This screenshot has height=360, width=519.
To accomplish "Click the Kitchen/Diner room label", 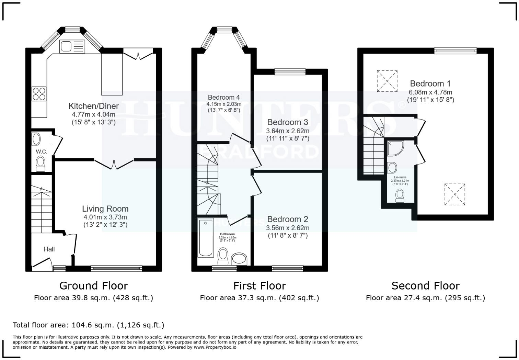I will [x=93, y=106].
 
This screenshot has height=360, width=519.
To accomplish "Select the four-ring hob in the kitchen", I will [x=39, y=94].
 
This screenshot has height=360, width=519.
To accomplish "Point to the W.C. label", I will [x=41, y=151].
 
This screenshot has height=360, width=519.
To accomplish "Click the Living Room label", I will [x=105, y=209].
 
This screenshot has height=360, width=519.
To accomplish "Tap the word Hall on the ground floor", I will [x=49, y=249].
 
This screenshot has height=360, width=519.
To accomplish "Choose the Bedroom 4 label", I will [x=224, y=97].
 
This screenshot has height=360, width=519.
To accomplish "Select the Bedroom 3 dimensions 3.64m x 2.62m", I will [x=288, y=131].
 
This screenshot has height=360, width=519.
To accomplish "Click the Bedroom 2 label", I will [x=288, y=219].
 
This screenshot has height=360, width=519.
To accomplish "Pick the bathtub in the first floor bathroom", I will [x=206, y=237].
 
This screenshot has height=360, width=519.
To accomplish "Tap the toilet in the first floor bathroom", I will [x=223, y=256].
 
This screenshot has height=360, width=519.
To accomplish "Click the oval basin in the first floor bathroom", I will [x=239, y=259].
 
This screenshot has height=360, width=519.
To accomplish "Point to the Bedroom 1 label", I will [x=430, y=83].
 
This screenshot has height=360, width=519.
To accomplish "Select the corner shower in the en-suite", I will [x=395, y=148].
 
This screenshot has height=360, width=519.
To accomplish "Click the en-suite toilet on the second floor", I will [x=400, y=195].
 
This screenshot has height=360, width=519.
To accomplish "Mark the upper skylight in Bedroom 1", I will [x=387, y=81].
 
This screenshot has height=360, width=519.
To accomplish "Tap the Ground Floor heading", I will [x=93, y=286].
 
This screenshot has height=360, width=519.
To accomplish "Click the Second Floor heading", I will [x=425, y=286].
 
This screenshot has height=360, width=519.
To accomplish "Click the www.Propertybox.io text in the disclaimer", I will [x=215, y=347].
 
